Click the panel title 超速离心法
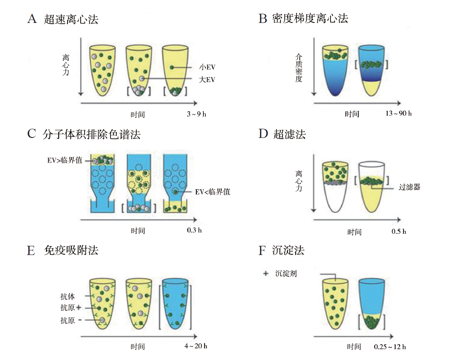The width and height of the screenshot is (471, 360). (71, 19)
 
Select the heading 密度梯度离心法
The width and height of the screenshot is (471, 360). (310, 18)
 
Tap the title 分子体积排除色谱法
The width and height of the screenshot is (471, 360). (91, 134)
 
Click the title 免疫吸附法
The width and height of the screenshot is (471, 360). (71, 250)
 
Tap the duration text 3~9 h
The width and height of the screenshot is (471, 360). (196, 114)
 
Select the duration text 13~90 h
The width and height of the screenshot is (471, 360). (398, 113)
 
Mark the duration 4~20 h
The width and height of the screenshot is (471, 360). (196, 346)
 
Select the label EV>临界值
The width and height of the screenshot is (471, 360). (65, 160)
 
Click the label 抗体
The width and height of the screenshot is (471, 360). (68, 297)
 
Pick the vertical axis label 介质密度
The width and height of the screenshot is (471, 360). (298, 67)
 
